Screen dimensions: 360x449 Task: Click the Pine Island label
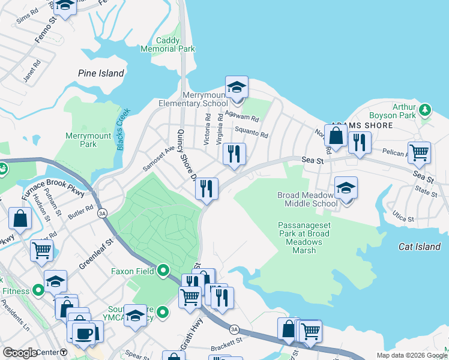101,73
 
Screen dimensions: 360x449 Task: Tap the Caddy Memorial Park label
168,44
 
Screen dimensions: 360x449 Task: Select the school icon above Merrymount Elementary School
237,88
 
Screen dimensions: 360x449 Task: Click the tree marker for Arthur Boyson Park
426,109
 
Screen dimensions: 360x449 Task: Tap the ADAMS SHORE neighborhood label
362,125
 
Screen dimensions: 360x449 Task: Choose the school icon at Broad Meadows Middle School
346,188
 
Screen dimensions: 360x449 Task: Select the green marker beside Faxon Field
163,271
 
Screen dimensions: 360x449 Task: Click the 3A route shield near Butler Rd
102,213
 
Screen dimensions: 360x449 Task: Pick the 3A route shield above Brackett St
234,329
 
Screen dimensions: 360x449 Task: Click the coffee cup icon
83,332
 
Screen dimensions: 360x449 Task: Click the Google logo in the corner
20,353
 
